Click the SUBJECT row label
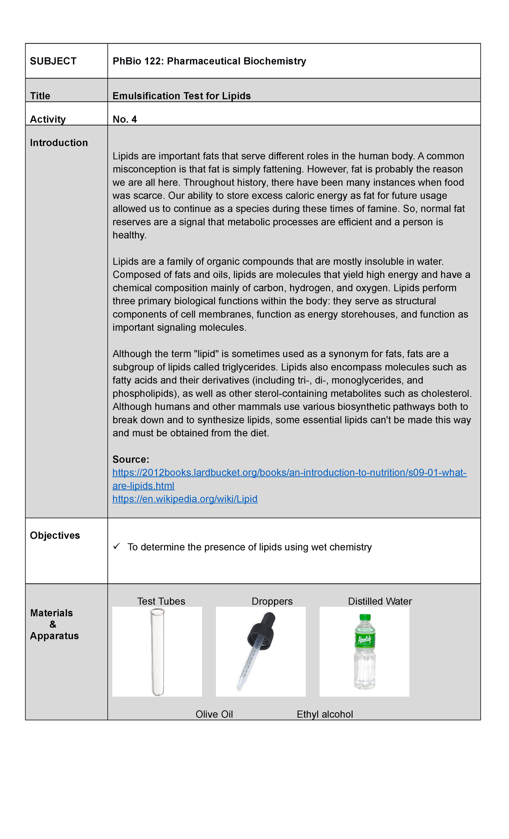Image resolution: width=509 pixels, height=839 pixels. pos(53,61)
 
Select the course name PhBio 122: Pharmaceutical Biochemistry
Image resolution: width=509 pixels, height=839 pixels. pos(209,61)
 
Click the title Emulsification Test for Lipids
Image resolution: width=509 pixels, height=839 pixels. pos(182,96)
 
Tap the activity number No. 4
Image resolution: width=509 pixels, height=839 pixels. pos(125,119)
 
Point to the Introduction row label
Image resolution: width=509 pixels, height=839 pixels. pos(59,143)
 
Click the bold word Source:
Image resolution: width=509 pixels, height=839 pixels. pos(131,459)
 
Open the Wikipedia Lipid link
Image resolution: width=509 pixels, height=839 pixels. pos(185,499)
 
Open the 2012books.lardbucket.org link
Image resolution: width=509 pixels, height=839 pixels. pos(289,473)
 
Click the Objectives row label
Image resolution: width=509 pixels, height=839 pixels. pos(55,535)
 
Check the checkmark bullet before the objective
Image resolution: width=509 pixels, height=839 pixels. pos(117,546)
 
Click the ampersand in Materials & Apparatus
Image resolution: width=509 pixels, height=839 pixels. pos(53,624)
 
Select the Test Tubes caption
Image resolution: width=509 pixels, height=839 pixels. pos(161,601)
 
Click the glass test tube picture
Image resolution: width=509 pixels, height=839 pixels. pos(157,652)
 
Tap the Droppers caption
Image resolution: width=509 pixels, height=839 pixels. pos(272,601)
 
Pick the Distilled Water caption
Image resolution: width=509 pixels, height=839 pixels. pos(380,601)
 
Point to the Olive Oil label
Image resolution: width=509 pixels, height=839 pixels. pos(214,714)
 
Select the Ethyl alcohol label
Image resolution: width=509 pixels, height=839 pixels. pos(324,714)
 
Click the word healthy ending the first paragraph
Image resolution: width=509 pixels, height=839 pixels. pos(129,235)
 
